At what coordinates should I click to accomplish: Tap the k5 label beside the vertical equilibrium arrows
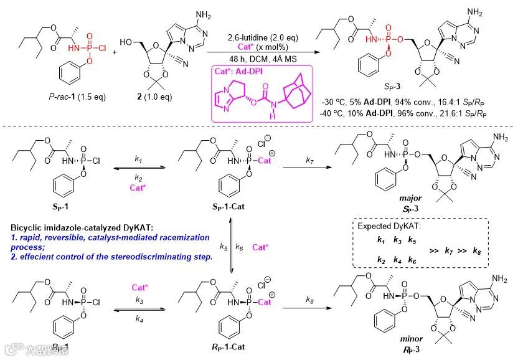coord(223,247)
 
